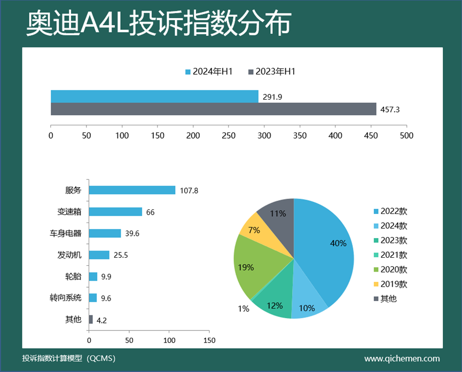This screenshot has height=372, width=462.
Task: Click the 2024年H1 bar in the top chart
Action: (x=154, y=96)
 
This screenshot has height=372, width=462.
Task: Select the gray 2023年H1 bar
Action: (x=214, y=109)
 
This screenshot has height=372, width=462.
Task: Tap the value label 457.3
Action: (x=389, y=109)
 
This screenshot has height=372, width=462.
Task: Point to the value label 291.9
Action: (x=271, y=97)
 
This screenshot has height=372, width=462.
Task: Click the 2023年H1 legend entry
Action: (x=272, y=72)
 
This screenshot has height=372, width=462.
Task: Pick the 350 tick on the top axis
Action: (x=300, y=136)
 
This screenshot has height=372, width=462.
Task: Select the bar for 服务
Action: (x=132, y=190)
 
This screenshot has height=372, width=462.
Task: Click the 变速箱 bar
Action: (x=115, y=212)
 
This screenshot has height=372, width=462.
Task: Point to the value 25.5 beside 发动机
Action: (x=120, y=255)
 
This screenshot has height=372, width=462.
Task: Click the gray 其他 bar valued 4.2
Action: (x=91, y=320)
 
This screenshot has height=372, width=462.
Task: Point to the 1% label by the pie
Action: (x=243, y=308)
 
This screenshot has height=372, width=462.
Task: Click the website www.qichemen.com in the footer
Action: (x=402, y=359)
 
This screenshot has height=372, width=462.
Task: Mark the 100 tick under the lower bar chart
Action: (x=169, y=339)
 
